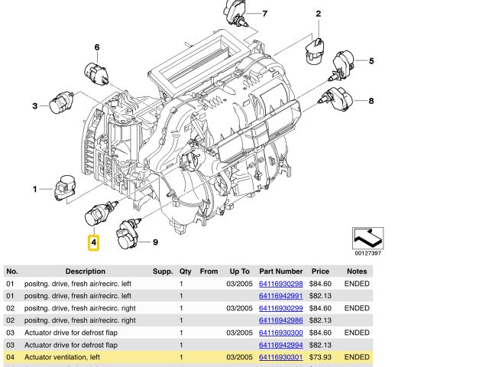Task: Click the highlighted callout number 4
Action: pos(93,243)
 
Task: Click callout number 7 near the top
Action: pos(264,14)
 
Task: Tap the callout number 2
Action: pos(318,14)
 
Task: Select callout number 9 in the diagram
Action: pos(155,243)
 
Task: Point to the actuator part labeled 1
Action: pos(63,188)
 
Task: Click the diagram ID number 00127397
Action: pos(368,253)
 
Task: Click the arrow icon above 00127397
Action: pos(368,237)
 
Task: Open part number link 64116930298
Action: pos(280,284)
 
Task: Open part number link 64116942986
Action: pos(280,320)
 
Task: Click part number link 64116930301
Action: pos(280,357)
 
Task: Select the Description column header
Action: pos(86,271)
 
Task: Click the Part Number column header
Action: pos(280,271)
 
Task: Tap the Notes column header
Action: pos(357,271)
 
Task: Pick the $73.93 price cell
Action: pos(319,357)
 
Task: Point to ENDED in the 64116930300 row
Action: pos(357,333)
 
